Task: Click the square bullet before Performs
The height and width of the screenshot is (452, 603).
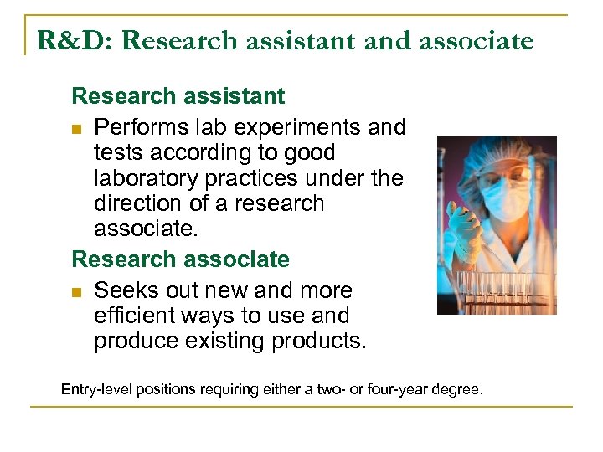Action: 78,129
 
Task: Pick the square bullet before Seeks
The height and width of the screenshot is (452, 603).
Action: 78,292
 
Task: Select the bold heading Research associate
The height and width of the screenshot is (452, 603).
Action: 180,259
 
